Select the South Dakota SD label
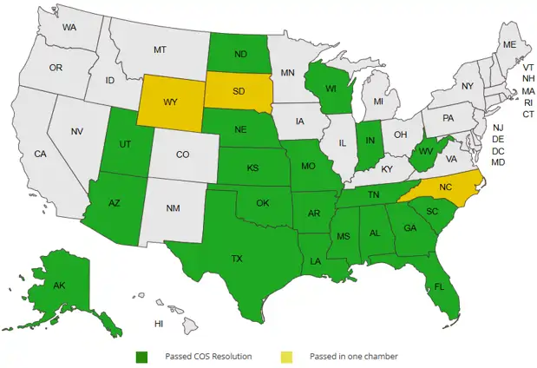coord(237,91)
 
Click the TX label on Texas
coord(236,259)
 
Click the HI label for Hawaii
coord(159,324)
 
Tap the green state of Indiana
coord(370,140)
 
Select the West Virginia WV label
coord(425,152)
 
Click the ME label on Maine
coord(509,44)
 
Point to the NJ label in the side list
coord(498,128)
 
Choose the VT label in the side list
coord(527,67)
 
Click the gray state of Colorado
coord(182,154)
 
